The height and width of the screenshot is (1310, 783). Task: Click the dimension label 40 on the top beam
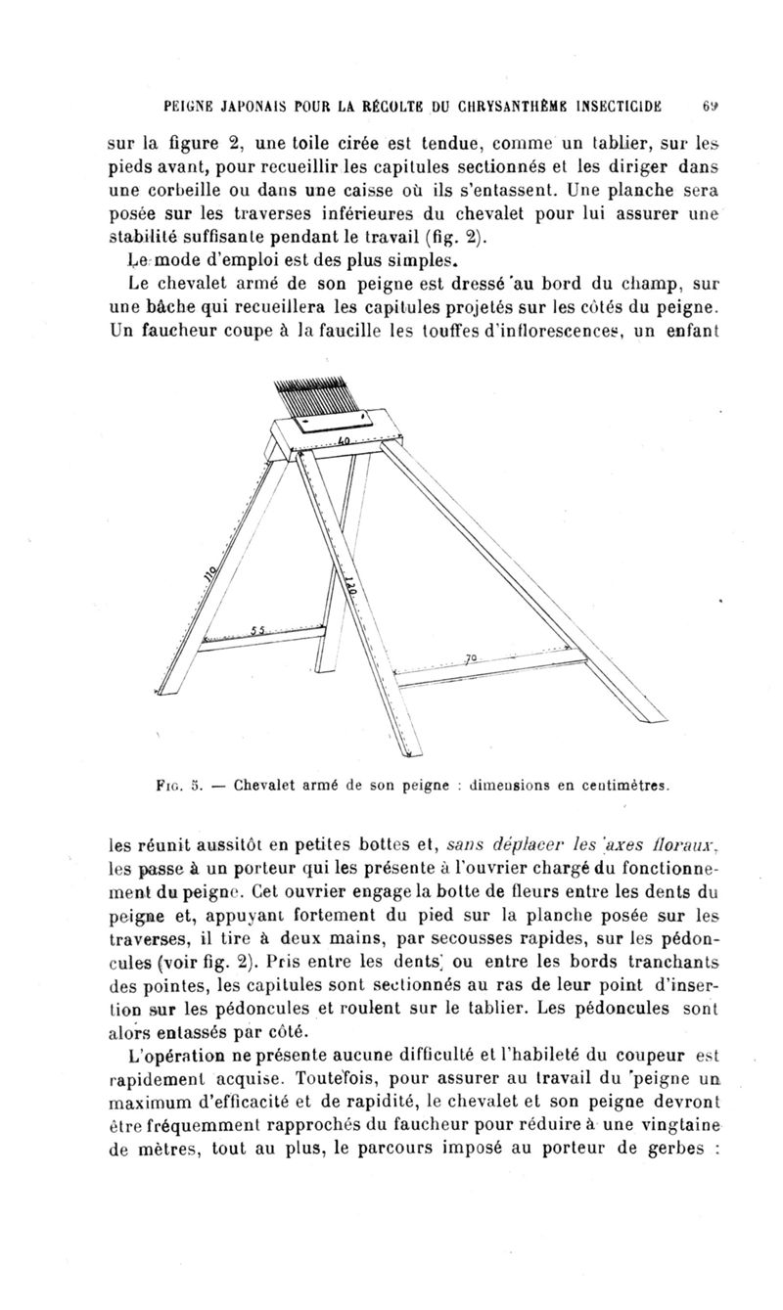tap(344, 442)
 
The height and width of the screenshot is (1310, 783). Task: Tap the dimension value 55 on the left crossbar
tap(257, 630)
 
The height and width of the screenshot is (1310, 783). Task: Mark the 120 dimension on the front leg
tap(349, 588)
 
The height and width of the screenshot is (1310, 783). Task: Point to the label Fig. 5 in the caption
tap(180, 784)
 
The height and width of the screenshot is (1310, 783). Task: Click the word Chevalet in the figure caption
tap(258, 784)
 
